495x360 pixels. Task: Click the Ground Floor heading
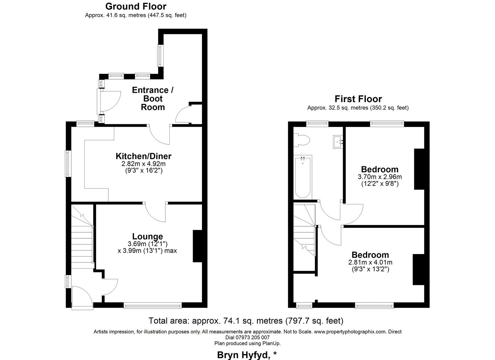coord(136,6)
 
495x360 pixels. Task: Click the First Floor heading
coord(358,99)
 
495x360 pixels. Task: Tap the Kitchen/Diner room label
coord(143,156)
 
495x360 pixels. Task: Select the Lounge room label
coord(147,236)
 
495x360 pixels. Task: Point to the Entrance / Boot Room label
coord(153,99)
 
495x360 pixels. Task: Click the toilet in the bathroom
coord(302,140)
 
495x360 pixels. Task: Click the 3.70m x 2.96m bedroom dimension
coord(380,177)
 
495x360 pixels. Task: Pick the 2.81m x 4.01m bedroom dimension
coord(370,262)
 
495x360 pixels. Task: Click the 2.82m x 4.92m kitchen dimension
coord(143,164)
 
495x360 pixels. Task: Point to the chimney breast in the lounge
coord(197,246)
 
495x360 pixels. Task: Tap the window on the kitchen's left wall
coord(68,164)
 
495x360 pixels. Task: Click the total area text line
coord(246,321)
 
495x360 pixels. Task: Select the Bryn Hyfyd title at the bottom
coord(247,355)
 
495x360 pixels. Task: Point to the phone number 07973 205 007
coord(247,337)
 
